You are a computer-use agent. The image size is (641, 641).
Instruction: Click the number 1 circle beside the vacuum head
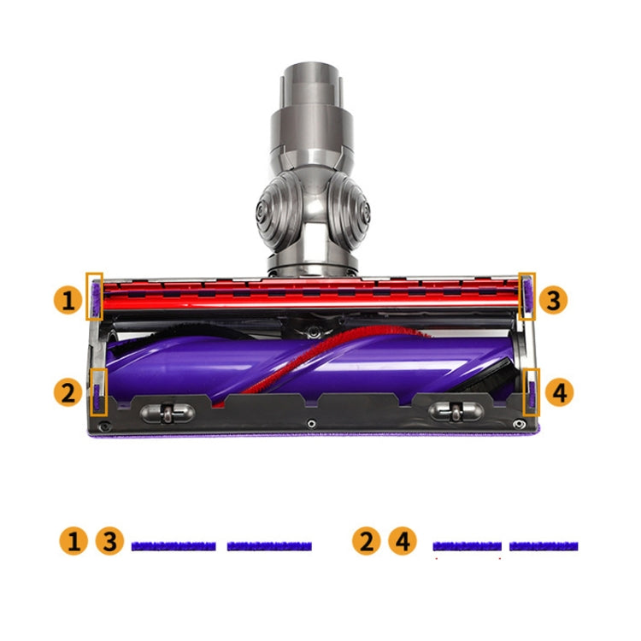[x=68, y=300]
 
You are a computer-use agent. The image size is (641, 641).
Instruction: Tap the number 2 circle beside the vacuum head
[x=68, y=392]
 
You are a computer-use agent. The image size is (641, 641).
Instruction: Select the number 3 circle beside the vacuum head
[x=553, y=300]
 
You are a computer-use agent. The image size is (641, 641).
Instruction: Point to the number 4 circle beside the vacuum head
[x=560, y=392]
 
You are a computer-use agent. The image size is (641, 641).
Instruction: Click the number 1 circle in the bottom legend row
[x=74, y=541]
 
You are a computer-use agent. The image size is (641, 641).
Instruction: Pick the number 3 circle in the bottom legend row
[x=109, y=541]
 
